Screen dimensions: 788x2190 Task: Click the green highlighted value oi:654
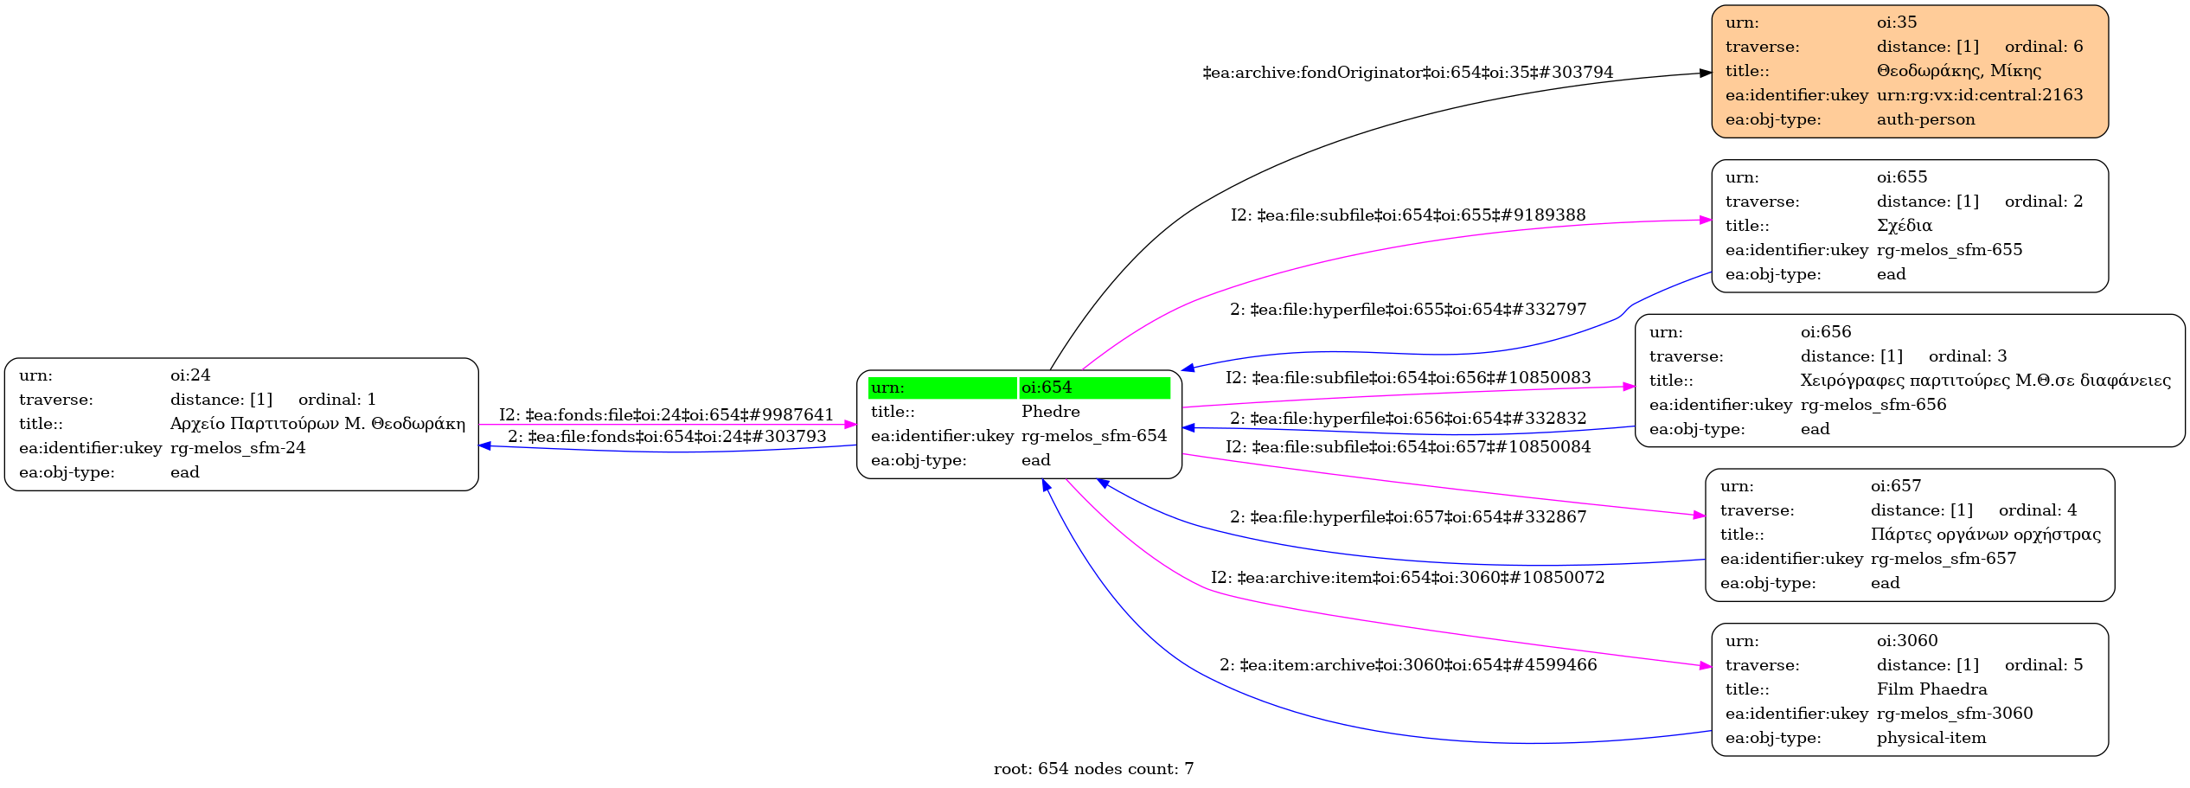pyautogui.click(x=1047, y=388)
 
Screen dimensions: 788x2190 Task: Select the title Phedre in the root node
pyautogui.click(x=1050, y=412)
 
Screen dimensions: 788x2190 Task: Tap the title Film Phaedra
pyautogui.click(x=1931, y=689)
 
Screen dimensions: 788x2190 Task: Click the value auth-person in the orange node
pyautogui.click(x=1925, y=119)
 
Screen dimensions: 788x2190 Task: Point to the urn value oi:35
pyautogui.click(x=1897, y=22)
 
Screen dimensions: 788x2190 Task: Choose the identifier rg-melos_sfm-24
pyautogui.click(x=238, y=448)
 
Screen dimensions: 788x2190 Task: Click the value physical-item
pyautogui.click(x=1931, y=738)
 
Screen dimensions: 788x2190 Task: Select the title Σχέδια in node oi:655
pyautogui.click(x=1904, y=226)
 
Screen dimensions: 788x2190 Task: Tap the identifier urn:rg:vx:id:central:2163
pyautogui.click(x=1980, y=95)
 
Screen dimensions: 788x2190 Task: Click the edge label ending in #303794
pyautogui.click(x=1407, y=73)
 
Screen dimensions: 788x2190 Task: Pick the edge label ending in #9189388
pyautogui.click(x=1408, y=215)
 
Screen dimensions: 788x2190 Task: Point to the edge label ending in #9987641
pyautogui.click(x=666, y=415)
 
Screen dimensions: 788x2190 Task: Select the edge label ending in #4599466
pyautogui.click(x=1408, y=665)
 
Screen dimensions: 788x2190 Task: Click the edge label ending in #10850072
pyautogui.click(x=1407, y=578)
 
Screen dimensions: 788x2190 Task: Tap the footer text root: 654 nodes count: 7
pyautogui.click(x=1093, y=769)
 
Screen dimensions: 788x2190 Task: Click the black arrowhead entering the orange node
pyautogui.click(x=1705, y=74)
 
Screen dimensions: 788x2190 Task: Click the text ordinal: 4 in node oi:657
pyautogui.click(x=2037, y=510)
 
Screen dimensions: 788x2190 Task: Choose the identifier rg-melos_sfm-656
pyautogui.click(x=1873, y=405)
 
